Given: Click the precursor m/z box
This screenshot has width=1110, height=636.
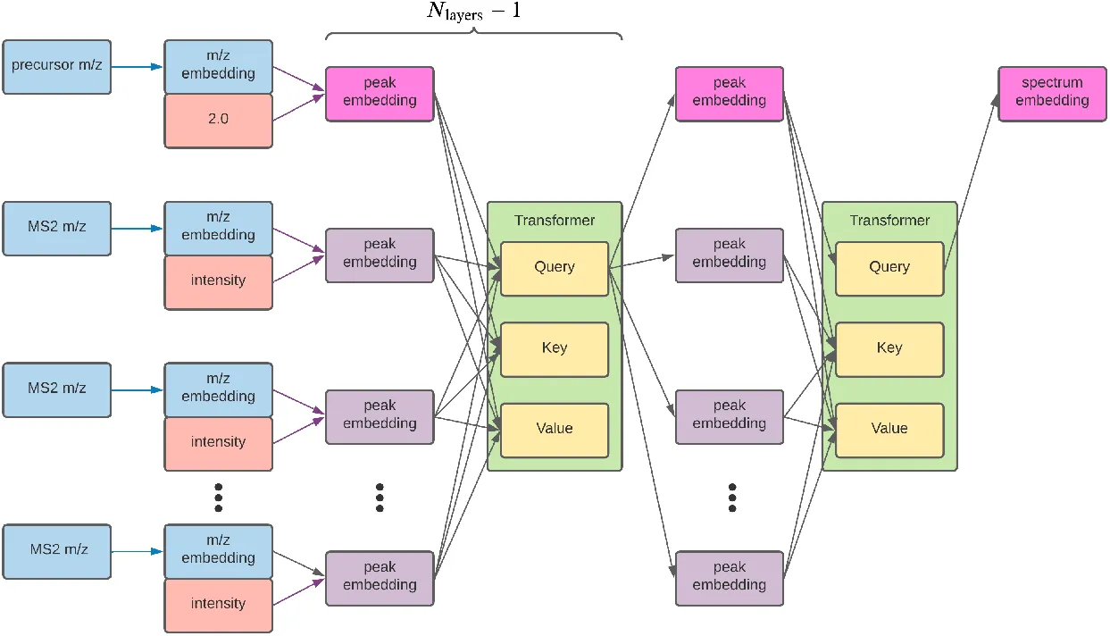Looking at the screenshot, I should [57, 66].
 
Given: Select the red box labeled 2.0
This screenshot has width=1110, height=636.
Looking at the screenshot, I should [218, 120].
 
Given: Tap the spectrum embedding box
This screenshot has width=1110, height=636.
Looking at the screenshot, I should [1052, 93].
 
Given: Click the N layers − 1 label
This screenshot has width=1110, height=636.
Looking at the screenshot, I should [472, 13].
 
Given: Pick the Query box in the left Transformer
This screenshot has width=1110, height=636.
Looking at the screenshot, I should [554, 267].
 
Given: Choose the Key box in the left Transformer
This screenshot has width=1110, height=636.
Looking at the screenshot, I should [554, 348].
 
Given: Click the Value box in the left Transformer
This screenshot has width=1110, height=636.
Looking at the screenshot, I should [554, 430].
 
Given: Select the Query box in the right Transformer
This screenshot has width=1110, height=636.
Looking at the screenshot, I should [889, 267].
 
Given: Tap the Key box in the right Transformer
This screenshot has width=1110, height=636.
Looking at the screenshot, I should [889, 348].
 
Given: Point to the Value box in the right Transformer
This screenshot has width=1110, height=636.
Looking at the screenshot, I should [889, 430].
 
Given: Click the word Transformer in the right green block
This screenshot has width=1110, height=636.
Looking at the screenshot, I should [889, 221].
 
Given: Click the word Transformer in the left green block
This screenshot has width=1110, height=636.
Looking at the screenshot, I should [554, 221].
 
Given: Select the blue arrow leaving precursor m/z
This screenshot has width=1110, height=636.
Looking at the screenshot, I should [138, 65].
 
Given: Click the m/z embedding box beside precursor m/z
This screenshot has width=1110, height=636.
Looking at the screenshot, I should [218, 66].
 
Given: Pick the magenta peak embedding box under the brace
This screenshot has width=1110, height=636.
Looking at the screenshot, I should [380, 93].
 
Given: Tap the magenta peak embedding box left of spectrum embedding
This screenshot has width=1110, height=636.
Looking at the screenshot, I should [729, 93].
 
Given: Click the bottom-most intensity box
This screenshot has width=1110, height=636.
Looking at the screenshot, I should [218, 605].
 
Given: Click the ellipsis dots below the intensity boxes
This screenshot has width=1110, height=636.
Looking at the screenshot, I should [218, 497].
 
